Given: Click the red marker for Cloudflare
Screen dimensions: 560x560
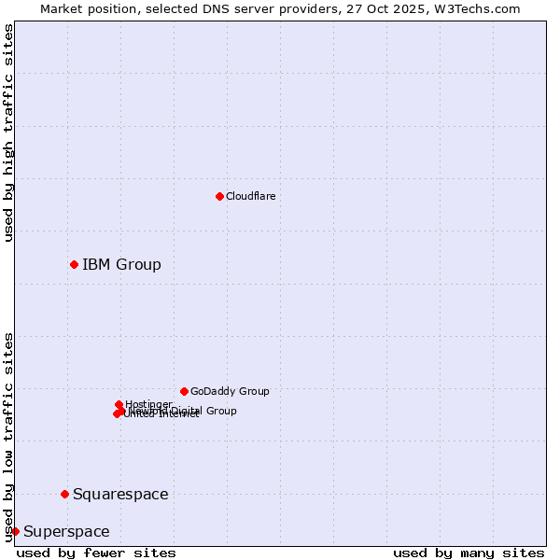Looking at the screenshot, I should (x=219, y=196).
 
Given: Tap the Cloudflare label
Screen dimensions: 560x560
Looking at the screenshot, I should (x=250, y=196).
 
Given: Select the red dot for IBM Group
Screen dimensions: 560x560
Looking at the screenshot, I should (x=74, y=264).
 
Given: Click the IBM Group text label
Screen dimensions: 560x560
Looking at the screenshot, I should (x=121, y=264).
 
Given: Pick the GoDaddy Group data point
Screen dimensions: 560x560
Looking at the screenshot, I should (x=184, y=391).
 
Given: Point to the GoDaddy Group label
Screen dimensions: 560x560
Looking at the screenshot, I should (x=230, y=391).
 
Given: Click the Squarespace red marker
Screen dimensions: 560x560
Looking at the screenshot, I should (x=64, y=494).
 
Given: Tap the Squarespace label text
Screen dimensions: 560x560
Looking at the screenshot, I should (x=120, y=494).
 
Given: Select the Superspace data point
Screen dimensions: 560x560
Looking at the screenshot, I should (x=15, y=531).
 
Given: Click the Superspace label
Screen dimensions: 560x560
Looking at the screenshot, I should (x=66, y=531).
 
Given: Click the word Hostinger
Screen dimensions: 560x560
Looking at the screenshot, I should (x=148, y=404).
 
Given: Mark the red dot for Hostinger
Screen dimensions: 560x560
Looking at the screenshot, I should (x=119, y=404).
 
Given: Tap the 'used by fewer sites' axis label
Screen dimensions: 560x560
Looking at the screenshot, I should (x=96, y=553).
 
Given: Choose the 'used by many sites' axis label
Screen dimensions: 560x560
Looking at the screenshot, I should (x=469, y=553).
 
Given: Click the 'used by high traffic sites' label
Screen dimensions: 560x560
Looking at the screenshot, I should (x=8, y=133).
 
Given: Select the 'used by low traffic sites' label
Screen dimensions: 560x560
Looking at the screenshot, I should (x=8, y=436).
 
